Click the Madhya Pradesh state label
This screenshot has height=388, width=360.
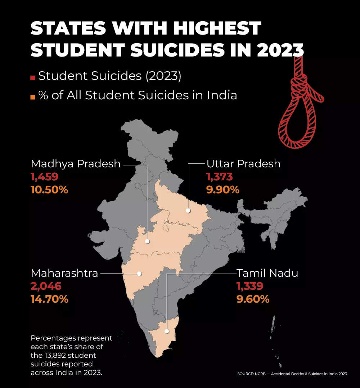click(76, 164)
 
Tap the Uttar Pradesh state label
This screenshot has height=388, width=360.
click(243, 164)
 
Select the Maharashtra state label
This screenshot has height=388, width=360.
click(64, 273)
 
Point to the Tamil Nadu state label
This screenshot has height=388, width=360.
click(267, 273)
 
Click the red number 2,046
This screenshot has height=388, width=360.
click(46, 286)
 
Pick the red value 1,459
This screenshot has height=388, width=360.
click(45, 177)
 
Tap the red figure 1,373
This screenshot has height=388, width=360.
click(220, 177)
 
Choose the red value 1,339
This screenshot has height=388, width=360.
click(250, 286)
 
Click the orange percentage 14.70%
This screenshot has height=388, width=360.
click(50, 299)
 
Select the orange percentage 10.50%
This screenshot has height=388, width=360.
click(50, 190)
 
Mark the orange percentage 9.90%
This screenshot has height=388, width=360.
click(223, 190)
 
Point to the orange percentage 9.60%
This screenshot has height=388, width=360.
click(253, 299)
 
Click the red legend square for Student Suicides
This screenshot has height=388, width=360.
click(33, 77)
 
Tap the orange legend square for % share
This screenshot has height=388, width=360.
click(33, 97)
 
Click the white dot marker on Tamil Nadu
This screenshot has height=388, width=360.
click(167, 331)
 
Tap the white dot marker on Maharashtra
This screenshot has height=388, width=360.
click(139, 274)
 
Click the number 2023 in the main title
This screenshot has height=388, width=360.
click(281, 49)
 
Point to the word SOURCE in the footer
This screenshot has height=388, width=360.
click(244, 374)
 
